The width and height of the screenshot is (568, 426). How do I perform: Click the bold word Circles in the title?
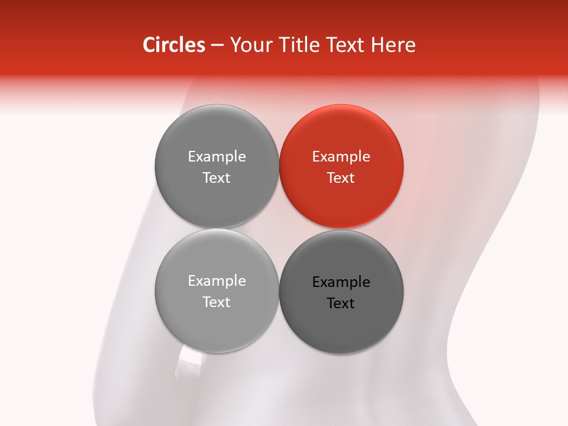click(x=174, y=45)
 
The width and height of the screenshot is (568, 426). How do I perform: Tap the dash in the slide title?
click(x=217, y=46)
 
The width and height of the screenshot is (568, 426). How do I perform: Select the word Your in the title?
click(x=249, y=46)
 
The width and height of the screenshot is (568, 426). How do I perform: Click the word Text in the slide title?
click(x=343, y=45)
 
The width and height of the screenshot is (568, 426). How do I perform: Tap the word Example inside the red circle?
click(x=341, y=157)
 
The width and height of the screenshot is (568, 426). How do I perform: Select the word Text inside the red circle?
click(x=341, y=177)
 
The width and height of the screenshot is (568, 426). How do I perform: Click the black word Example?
click(x=341, y=282)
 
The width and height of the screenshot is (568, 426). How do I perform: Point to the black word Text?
click(x=341, y=303)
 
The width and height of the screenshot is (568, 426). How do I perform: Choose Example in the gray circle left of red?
click(x=217, y=157)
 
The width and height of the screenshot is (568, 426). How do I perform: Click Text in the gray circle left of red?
click(x=217, y=177)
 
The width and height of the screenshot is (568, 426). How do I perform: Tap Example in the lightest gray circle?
click(x=217, y=281)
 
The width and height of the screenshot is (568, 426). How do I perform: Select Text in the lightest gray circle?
click(x=217, y=302)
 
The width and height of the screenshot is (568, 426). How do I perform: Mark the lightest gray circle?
click(x=217, y=328)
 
